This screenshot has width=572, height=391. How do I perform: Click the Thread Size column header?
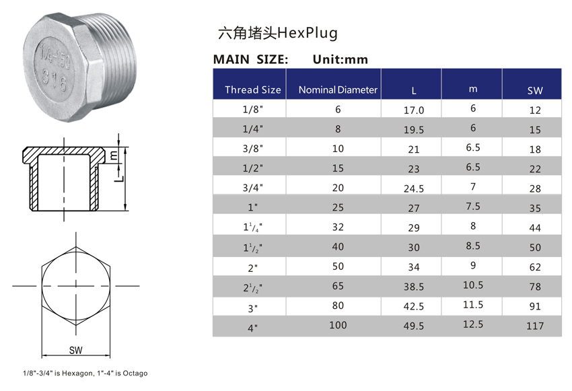pyautogui.click(x=252, y=90)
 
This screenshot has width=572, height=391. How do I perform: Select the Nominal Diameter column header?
pyautogui.click(x=338, y=90)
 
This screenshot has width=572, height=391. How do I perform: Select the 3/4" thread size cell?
pyautogui.click(x=252, y=188)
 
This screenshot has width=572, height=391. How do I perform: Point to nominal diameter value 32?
pyautogui.click(x=338, y=227)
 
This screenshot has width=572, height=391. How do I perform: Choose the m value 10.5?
pyautogui.click(x=473, y=286)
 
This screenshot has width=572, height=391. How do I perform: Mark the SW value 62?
pyautogui.click(x=535, y=267)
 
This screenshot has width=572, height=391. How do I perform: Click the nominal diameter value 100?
pyautogui.click(x=338, y=326)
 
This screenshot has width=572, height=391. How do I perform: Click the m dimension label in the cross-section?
pyautogui.click(x=114, y=155)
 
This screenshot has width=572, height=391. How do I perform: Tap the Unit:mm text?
pyautogui.click(x=341, y=59)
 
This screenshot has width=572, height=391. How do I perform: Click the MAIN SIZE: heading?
pyautogui.click(x=250, y=59)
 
